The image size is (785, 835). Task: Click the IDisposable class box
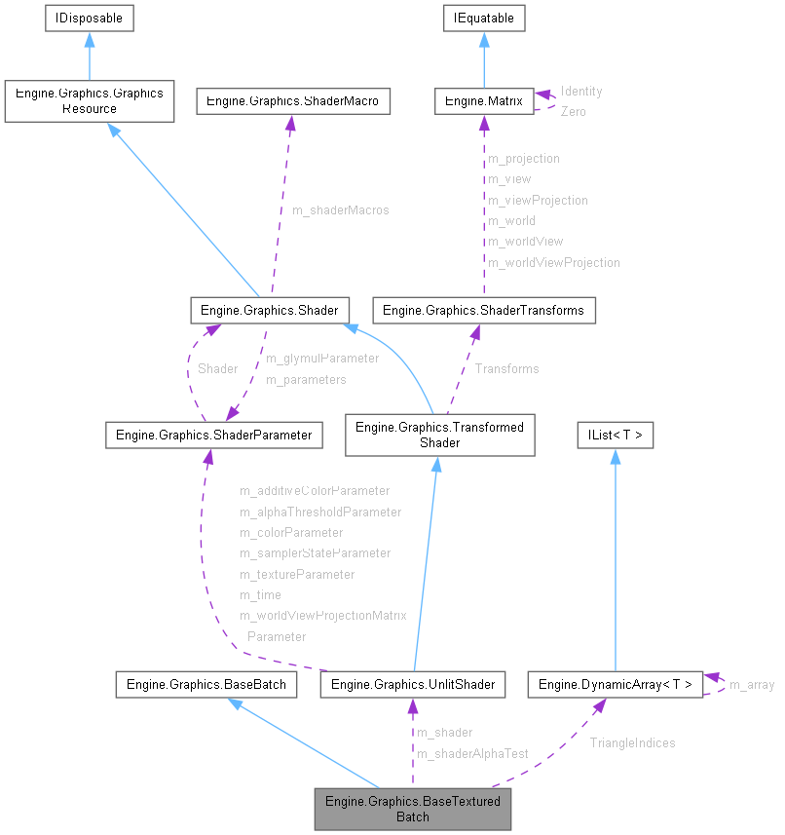pyautogui.click(x=89, y=18)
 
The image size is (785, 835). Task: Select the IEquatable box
pyautogui.click(x=484, y=18)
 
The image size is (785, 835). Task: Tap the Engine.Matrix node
pyautogui.click(x=484, y=100)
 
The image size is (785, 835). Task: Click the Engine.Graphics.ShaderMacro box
pyautogui.click(x=293, y=100)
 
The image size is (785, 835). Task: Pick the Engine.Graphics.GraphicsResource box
pyautogui.click(x=89, y=101)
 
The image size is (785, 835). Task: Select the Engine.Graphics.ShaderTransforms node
pyautogui.click(x=484, y=310)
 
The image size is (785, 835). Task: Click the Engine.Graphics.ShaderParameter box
pyautogui.click(x=213, y=435)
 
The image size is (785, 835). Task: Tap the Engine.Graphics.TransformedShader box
pyautogui.click(x=439, y=435)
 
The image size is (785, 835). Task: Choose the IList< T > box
pyautogui.click(x=615, y=435)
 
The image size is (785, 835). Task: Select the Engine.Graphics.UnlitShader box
pyautogui.click(x=413, y=684)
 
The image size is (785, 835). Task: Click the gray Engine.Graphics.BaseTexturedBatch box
pyautogui.click(x=413, y=809)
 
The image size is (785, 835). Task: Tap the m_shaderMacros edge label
pyautogui.click(x=340, y=210)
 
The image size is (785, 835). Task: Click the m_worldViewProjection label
pyautogui.click(x=553, y=262)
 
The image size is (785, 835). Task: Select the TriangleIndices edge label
pyautogui.click(x=632, y=742)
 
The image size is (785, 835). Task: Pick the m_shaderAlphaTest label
pyautogui.click(x=472, y=753)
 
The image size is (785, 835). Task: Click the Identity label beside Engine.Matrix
pyautogui.click(x=581, y=91)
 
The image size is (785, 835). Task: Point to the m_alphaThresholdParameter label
pyautogui.click(x=320, y=512)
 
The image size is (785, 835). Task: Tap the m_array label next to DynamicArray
pyautogui.click(x=751, y=684)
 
